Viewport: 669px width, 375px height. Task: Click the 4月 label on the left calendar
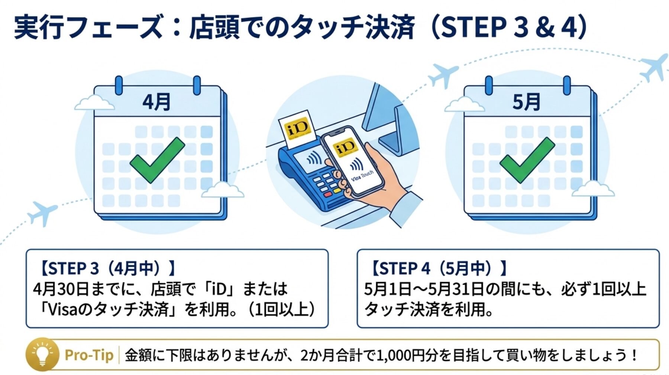click(156, 102)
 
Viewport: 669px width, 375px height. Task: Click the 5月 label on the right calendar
click(526, 102)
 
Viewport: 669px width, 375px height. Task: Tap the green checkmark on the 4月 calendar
click(157, 160)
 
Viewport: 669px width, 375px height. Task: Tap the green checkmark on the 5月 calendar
click(527, 160)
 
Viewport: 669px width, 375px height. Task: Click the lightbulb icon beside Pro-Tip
click(42, 354)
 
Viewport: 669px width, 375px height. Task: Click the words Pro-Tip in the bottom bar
click(89, 355)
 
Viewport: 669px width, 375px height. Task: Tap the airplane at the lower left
click(43, 213)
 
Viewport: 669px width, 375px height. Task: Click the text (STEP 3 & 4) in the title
click(509, 27)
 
